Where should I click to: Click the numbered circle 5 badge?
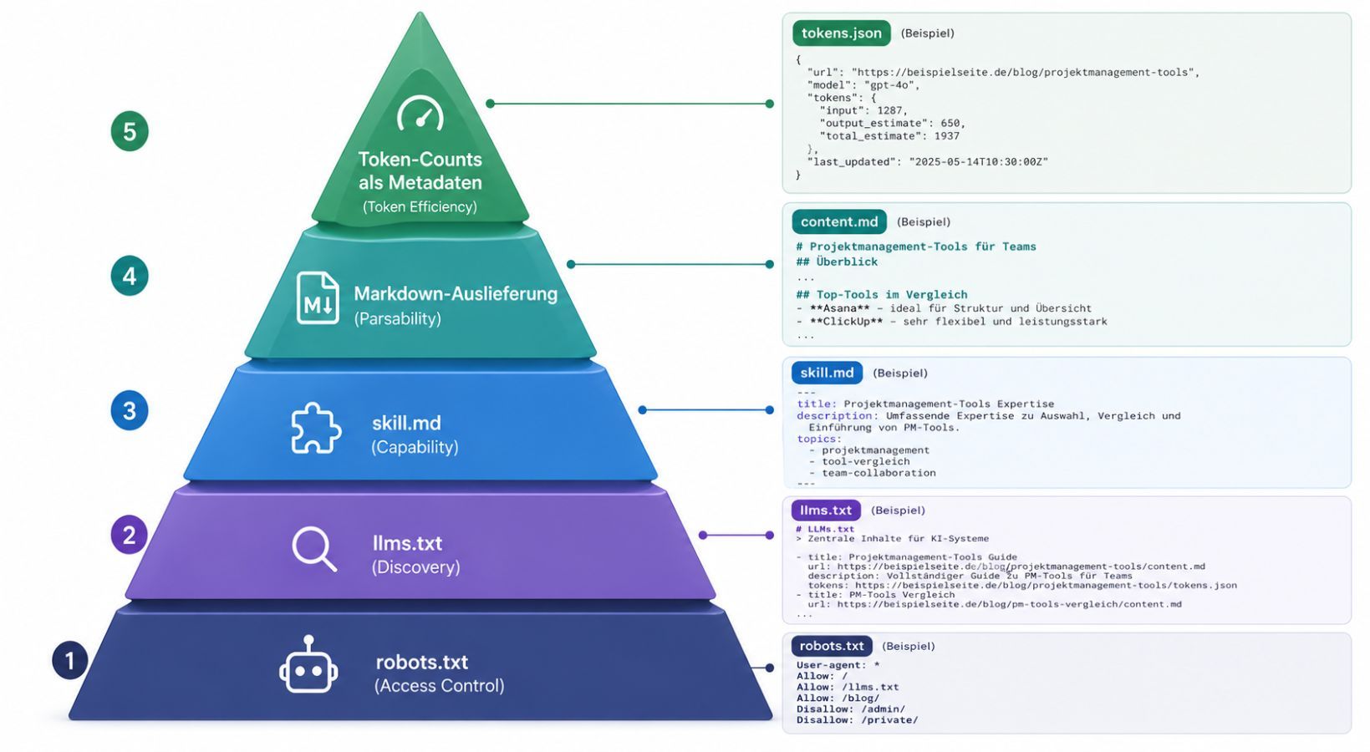point(130,131)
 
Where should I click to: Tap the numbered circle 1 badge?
point(70,661)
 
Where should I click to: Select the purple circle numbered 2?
point(129,535)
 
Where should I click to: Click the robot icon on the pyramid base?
point(308,665)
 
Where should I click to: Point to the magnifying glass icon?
point(314,549)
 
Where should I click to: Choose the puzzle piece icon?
point(315,429)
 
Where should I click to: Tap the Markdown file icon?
point(318,298)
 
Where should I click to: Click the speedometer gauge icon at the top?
point(420,113)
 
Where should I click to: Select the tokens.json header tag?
point(841,33)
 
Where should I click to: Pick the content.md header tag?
point(839,222)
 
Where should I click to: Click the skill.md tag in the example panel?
point(827,373)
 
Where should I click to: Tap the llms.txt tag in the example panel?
point(825,510)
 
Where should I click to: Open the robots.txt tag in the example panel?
point(831,646)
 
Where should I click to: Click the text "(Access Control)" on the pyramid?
point(439,686)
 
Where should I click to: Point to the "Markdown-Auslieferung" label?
point(456,294)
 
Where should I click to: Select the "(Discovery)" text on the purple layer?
point(415,567)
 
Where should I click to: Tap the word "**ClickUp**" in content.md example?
point(846,322)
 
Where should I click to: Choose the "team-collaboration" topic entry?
point(879,473)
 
